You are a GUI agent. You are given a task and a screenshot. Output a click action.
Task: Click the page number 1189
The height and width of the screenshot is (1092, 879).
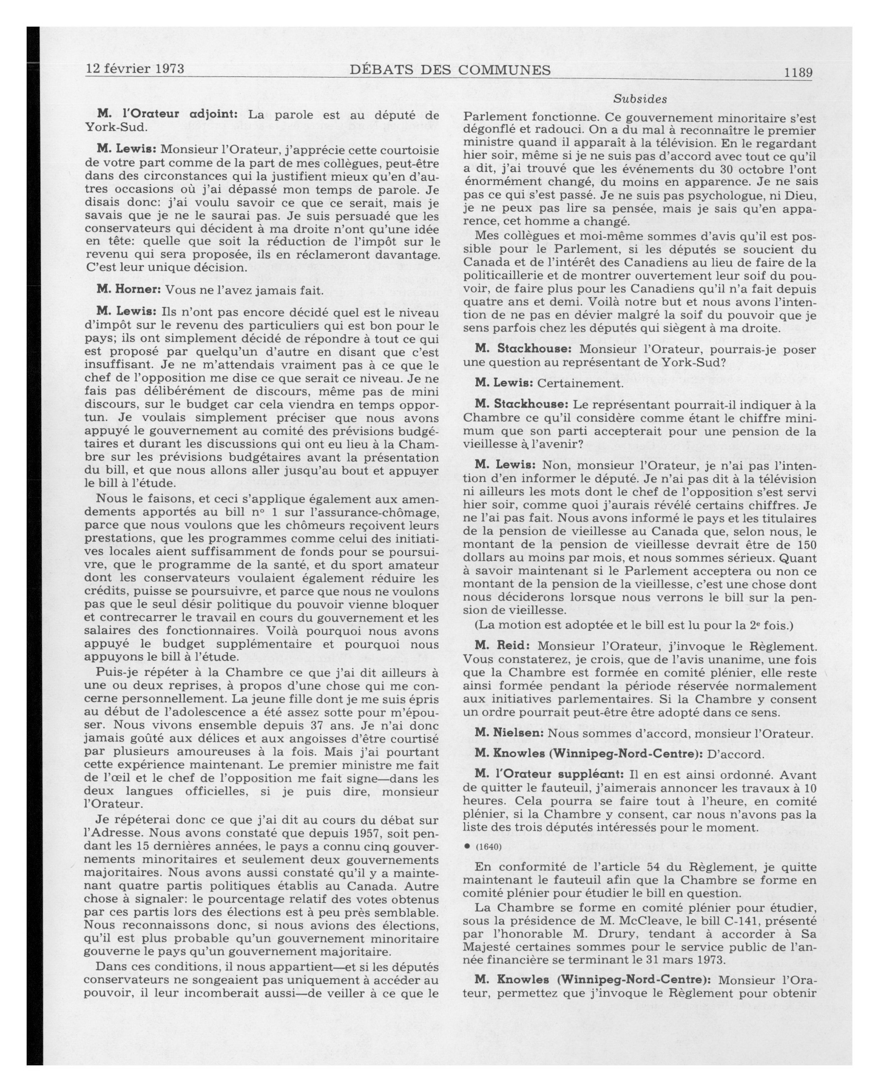(x=798, y=72)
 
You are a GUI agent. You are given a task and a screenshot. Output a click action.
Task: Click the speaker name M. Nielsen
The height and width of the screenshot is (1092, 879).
(x=509, y=733)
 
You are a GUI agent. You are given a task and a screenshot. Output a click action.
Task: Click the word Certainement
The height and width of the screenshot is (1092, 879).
(x=580, y=383)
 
